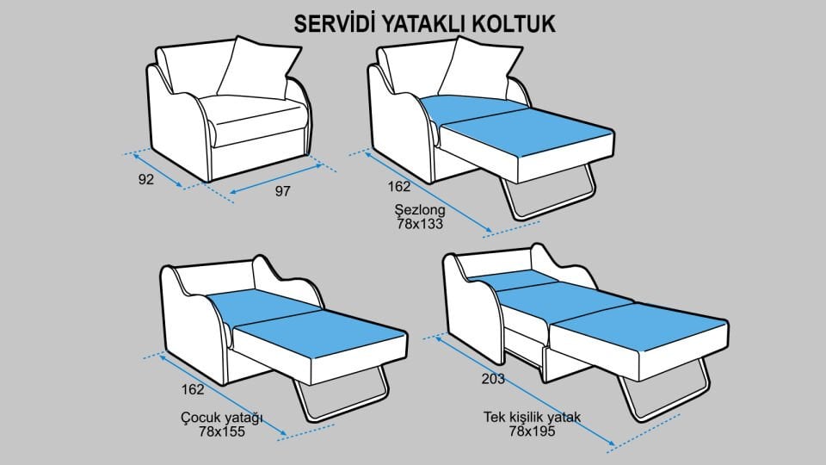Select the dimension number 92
click(x=145, y=179)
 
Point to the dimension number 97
click(x=282, y=191)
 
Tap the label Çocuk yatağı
click(x=221, y=418)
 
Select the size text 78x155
click(x=221, y=431)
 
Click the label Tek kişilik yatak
click(x=533, y=418)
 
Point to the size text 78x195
click(x=533, y=431)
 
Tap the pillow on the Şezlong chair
click(x=482, y=69)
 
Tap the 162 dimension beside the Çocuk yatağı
click(x=194, y=388)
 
